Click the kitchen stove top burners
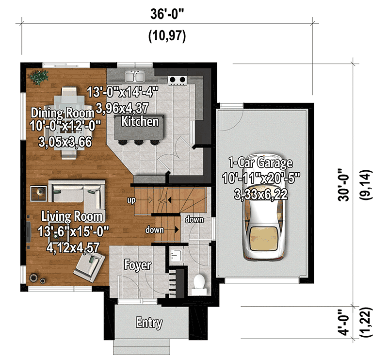177,80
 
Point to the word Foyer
138,265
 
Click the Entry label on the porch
149,323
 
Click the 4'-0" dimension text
343,323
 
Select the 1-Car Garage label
262,163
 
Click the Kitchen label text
140,121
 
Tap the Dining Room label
62,113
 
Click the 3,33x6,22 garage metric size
262,196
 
